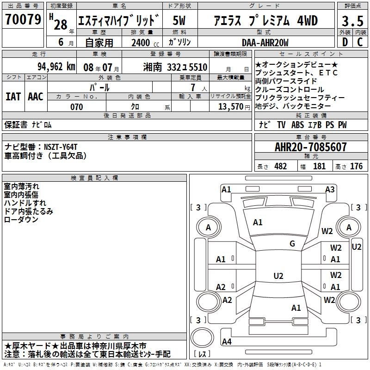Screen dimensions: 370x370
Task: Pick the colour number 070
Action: click(76, 107)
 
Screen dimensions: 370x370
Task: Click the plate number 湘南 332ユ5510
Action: click(175, 67)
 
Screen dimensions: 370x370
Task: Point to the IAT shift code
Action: click(13, 97)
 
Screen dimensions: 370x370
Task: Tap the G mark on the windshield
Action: click(292, 244)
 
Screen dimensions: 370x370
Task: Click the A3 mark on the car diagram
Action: click(330, 189)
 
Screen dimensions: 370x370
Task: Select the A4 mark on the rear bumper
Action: click(227, 342)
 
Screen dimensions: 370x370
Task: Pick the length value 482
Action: click(280, 166)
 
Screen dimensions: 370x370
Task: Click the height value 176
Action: click(356, 166)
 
